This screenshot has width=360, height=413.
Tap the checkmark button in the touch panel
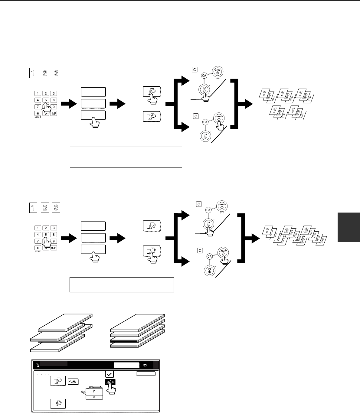click(110, 374)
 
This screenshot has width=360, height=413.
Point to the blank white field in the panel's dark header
click(126, 365)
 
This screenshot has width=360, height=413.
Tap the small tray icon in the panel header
click(146, 365)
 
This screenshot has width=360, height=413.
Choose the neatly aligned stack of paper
click(138, 331)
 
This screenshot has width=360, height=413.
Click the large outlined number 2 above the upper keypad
click(45, 73)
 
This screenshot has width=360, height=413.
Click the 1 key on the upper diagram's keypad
click(38, 93)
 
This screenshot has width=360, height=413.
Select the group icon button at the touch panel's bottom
click(57, 404)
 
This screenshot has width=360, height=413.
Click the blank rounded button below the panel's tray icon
click(146, 374)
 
